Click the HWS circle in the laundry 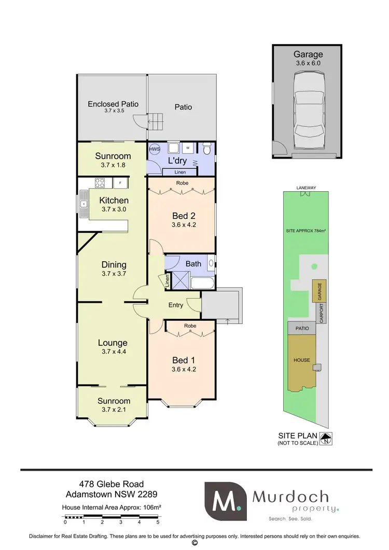pos(155,149)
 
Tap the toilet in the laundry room pos(207,150)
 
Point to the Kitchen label pos(114,200)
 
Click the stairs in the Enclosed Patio pos(156,122)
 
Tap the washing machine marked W pos(187,148)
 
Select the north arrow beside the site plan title pos(326,439)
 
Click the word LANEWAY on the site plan pos(306,188)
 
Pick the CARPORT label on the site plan pos(322,313)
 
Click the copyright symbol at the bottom pos(195,543)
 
